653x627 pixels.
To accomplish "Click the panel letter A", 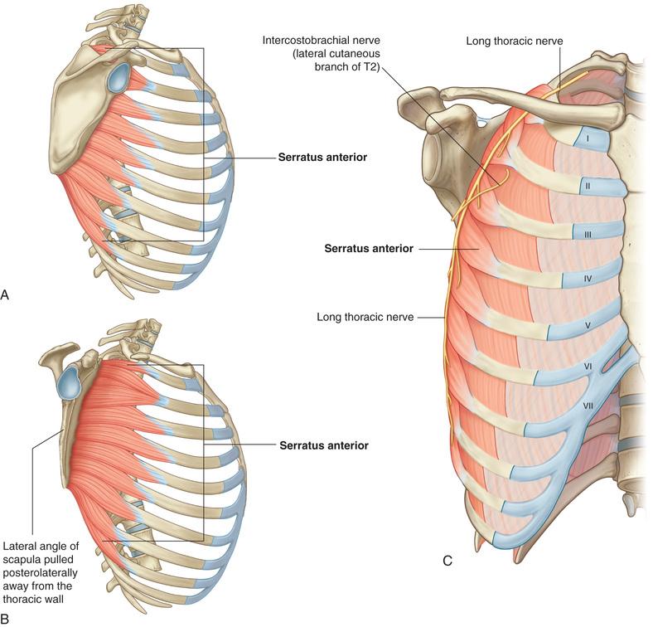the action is tap(5, 295).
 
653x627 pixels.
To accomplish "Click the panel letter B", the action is tap(5, 618).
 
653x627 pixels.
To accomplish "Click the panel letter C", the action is tap(447, 561).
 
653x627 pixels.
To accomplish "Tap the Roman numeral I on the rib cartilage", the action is tap(588, 138).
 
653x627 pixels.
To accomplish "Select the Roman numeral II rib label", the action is tap(588, 186).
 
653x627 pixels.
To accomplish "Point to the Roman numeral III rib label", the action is tap(588, 235).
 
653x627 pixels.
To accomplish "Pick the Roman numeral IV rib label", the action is tap(588, 278).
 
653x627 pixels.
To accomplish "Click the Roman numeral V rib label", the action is tap(588, 325).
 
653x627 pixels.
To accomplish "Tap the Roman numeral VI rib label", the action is tap(588, 367).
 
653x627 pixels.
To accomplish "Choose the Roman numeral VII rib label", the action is tap(588, 405).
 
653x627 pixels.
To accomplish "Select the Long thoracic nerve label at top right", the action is tap(515, 41).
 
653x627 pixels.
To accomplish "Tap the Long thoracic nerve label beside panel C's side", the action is tap(365, 318).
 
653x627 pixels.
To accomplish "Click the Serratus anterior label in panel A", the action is tap(322, 158).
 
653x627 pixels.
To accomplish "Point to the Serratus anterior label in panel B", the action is tap(324, 445).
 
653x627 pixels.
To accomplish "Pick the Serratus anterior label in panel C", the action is tap(369, 249).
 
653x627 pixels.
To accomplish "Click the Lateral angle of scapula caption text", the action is tap(41, 572).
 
